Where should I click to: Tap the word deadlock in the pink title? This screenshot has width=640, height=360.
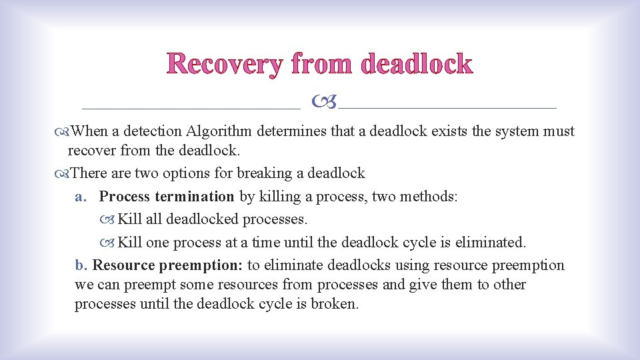click(416, 65)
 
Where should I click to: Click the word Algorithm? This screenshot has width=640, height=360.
click(221, 131)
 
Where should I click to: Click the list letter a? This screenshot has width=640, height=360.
click(81, 197)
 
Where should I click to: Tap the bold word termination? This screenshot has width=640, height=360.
click(194, 196)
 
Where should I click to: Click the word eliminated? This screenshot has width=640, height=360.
click(490, 241)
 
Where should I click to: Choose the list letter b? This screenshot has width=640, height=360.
click(81, 265)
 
